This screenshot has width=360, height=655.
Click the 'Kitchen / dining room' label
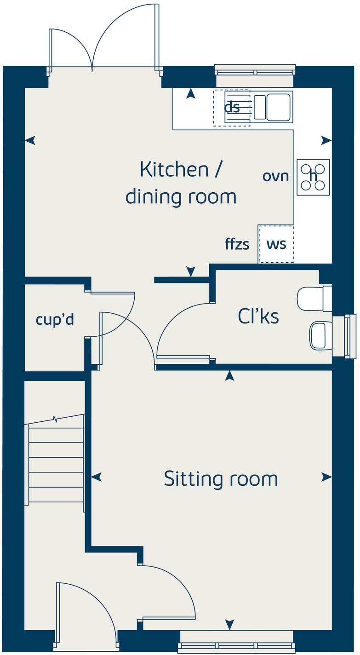[181, 183]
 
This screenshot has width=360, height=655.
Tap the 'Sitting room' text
[221, 479]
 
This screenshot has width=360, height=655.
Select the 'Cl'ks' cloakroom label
[258, 316]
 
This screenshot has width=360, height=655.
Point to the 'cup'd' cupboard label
[55, 319]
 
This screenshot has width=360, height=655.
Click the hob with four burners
[313, 177]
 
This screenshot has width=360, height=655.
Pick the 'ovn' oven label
[275, 176]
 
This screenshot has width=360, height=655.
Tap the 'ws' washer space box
[276, 244]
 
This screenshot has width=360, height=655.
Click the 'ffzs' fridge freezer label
[237, 244]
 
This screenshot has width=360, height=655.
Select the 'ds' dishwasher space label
[232, 107]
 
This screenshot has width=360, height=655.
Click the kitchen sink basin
[278, 107]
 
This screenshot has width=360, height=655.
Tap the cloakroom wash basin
[320, 335]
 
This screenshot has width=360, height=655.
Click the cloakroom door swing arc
[179, 329]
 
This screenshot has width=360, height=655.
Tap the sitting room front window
[236, 648]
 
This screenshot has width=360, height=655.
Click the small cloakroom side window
[350, 336]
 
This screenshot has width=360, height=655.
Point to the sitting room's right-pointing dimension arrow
[326, 477]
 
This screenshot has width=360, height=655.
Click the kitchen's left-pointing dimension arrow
[30, 140]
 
